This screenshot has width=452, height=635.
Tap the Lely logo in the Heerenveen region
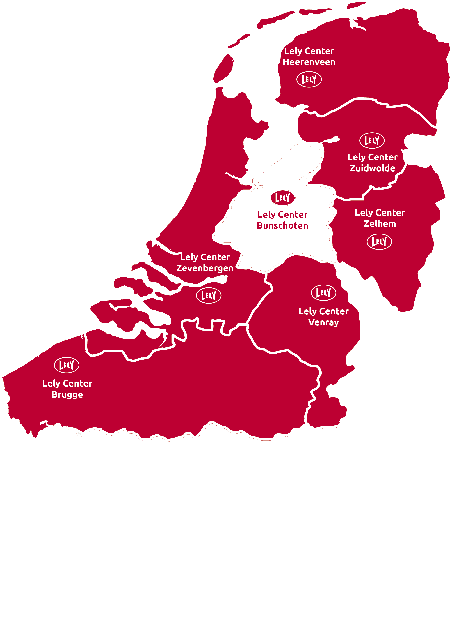click(x=309, y=79)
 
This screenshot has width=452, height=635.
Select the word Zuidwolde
click(x=372, y=168)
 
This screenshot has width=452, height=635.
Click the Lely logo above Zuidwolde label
click(x=372, y=140)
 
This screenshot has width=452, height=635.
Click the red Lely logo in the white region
click(x=282, y=198)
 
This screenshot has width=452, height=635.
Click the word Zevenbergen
click(x=205, y=268)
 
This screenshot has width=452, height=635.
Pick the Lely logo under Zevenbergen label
click(x=209, y=295)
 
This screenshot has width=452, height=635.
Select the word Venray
click(x=323, y=322)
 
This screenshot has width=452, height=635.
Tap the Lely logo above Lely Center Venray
click(x=323, y=293)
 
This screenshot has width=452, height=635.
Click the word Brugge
click(x=67, y=395)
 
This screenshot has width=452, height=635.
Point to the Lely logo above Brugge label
click(x=67, y=365)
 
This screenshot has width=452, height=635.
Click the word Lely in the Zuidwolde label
click(x=356, y=157)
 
